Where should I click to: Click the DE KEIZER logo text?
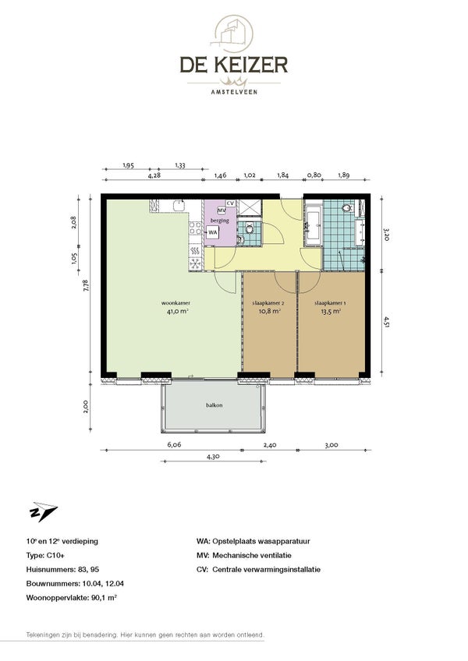(234, 65)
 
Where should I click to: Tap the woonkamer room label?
(175, 302)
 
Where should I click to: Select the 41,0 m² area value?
(177, 312)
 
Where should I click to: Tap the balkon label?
(214, 405)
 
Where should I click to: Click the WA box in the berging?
(213, 232)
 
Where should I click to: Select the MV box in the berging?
(222, 210)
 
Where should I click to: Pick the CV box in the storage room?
(230, 203)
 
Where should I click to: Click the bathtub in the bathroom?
(314, 226)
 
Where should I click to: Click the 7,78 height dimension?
(86, 286)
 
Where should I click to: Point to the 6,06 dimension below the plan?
(174, 444)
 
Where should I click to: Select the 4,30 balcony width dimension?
(213, 456)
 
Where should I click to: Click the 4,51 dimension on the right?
(386, 322)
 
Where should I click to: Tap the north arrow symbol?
(43, 511)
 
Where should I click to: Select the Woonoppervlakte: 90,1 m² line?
(71, 598)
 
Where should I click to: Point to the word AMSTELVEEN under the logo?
(234, 91)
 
